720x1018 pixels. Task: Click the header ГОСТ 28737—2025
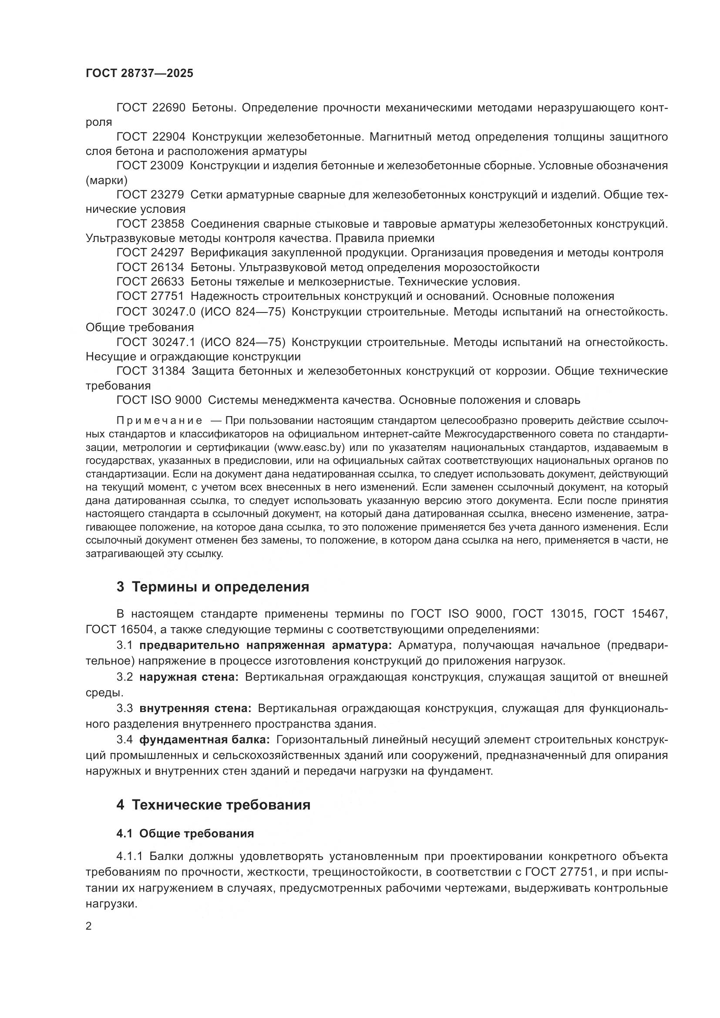(x=139, y=73)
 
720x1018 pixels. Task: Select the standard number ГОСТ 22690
(x=151, y=108)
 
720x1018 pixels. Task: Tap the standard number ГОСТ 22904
(x=151, y=137)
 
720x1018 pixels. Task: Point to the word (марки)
(x=106, y=181)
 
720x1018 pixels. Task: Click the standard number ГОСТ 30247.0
(x=155, y=312)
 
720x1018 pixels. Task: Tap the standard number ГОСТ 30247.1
(x=155, y=342)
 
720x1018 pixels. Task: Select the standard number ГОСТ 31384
(x=151, y=371)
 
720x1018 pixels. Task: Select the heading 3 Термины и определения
(x=213, y=587)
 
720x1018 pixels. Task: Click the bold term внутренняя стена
(x=195, y=709)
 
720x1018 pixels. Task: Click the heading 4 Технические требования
(x=213, y=805)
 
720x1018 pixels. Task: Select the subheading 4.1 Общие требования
(x=185, y=834)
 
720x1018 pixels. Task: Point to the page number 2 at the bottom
(x=89, y=927)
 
